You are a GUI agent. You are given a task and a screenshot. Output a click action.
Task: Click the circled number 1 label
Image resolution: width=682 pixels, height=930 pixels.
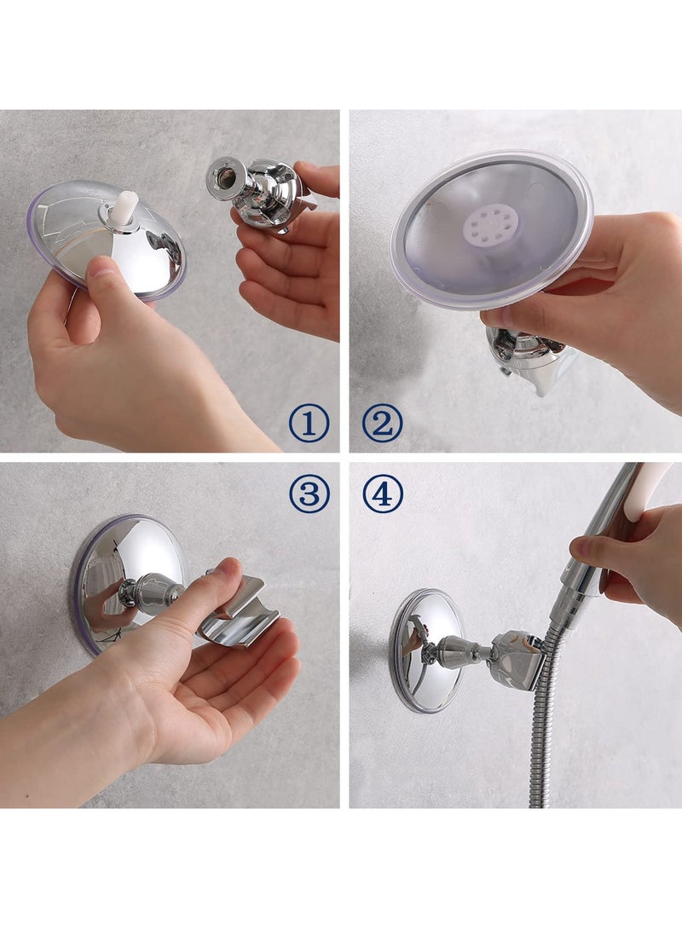[x=308, y=424]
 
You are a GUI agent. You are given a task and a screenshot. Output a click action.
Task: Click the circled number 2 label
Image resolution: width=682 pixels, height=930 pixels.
[x=382, y=424]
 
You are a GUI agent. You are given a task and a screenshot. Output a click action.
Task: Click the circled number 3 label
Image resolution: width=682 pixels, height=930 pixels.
[x=308, y=494]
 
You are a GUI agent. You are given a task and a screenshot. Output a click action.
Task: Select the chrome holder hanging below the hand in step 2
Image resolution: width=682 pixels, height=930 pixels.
[x=529, y=358]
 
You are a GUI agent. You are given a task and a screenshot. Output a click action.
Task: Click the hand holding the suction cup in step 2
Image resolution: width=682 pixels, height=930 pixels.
[x=597, y=290]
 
